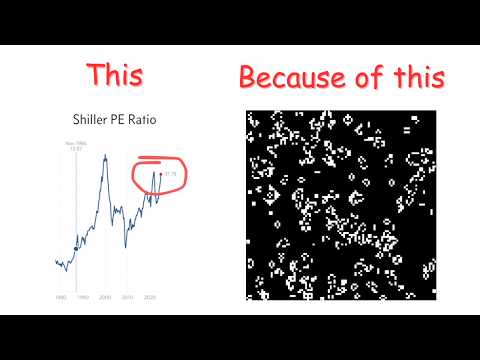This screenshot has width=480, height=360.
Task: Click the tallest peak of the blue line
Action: pyautogui.click(x=105, y=153)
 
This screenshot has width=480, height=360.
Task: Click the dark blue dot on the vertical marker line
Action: pyautogui.click(x=76, y=247)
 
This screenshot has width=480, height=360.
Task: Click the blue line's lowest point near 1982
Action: pyautogui.click(x=63, y=270)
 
